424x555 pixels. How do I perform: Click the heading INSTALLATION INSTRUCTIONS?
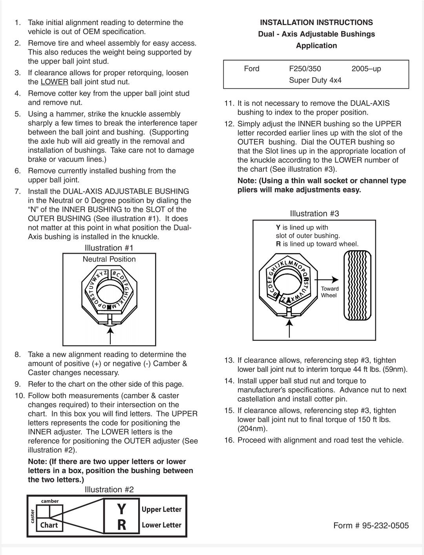pyautogui.click(x=316, y=22)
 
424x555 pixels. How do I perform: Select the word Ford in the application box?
pyautogui.click(x=252, y=69)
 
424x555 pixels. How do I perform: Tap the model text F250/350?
pyautogui.click(x=305, y=69)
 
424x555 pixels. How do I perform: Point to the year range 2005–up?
pyautogui.click(x=366, y=69)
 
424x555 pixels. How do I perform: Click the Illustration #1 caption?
pyautogui.click(x=109, y=248)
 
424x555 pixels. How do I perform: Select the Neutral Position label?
pyautogui.click(x=109, y=259)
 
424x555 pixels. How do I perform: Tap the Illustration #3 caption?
pyautogui.click(x=314, y=214)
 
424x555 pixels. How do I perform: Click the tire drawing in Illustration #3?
pyautogui.click(x=356, y=285)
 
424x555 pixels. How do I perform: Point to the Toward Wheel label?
pyautogui.click(x=329, y=292)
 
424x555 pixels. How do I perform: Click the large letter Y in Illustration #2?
pyautogui.click(x=122, y=509)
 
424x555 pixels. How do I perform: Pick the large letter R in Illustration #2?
pyautogui.click(x=122, y=525)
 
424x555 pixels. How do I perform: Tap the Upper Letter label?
pyautogui.click(x=161, y=510)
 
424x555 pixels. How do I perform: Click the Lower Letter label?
pyautogui.click(x=161, y=525)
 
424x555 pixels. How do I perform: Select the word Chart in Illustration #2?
pyautogui.click(x=49, y=525)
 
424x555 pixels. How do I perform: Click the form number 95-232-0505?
pyautogui.click(x=371, y=526)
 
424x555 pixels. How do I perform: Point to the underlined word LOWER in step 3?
pyautogui.click(x=54, y=82)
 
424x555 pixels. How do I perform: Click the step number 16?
pyautogui.click(x=229, y=440)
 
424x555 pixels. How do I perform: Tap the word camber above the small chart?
pyautogui.click(x=50, y=501)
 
